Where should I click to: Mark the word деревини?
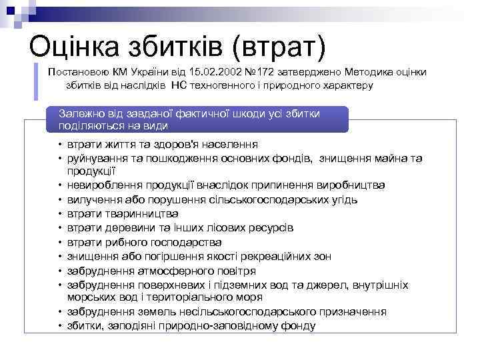click(123, 227)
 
